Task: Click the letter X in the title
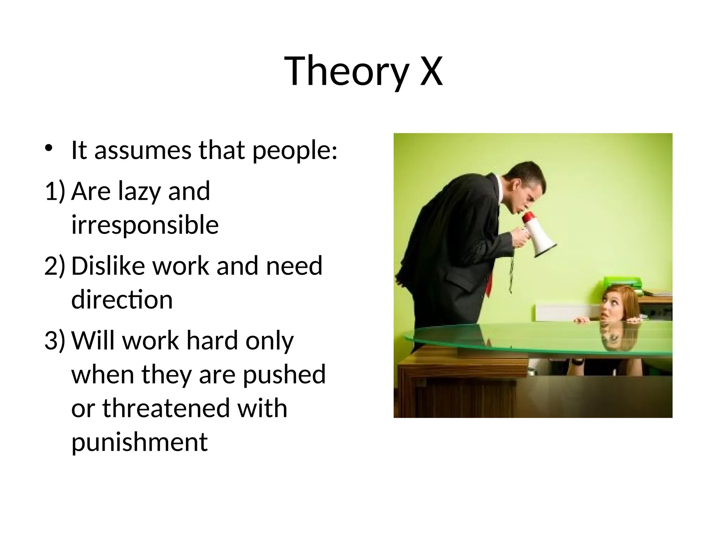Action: click(431, 71)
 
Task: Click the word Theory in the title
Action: click(346, 71)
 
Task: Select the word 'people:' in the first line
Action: click(295, 151)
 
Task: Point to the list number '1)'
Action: click(55, 191)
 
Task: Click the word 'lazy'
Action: click(138, 192)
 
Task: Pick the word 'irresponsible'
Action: click(145, 225)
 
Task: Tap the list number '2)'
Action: click(55, 265)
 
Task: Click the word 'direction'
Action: click(122, 300)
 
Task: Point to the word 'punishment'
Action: click(140, 442)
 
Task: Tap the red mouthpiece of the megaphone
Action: click(528, 217)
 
